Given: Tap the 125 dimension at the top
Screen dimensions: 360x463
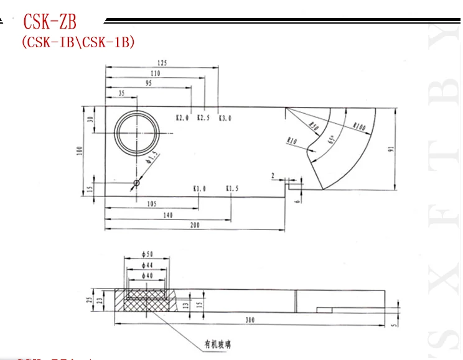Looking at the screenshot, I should point(162,63).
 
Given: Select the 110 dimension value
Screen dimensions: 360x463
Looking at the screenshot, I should point(154,73).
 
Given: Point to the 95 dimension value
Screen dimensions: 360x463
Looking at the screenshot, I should point(148,83).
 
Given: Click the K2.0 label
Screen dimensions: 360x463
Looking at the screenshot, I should point(182,117).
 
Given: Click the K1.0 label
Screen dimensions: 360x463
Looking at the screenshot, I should point(199,188).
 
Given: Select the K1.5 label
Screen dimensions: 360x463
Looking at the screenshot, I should point(232,188).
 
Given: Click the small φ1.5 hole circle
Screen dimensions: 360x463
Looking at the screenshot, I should point(136,183).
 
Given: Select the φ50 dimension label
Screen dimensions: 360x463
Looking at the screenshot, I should point(146,255).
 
